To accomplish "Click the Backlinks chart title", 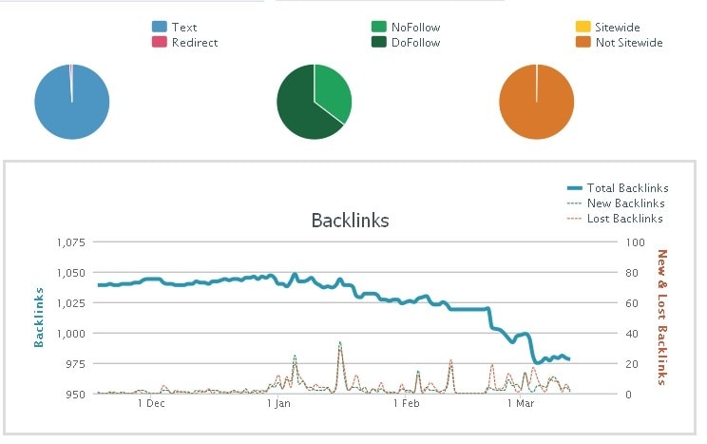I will click(350, 221).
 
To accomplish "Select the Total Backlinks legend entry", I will click(627, 188).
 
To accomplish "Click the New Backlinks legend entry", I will click(625, 203).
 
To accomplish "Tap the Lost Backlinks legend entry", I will click(624, 219).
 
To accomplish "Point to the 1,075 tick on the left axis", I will click(69, 242).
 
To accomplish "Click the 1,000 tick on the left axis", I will click(69, 334).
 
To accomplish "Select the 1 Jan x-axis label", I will click(278, 403).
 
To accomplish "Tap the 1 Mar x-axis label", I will click(522, 403).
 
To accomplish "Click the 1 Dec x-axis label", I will click(151, 403).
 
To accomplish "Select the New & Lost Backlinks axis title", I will click(662, 317).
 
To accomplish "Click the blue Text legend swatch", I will click(160, 28).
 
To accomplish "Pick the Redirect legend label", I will click(196, 43).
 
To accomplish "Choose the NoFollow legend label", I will click(415, 28).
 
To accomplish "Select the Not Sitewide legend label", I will click(628, 43).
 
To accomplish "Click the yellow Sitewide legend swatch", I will click(583, 28).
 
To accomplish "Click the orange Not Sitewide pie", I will click(537, 103).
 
